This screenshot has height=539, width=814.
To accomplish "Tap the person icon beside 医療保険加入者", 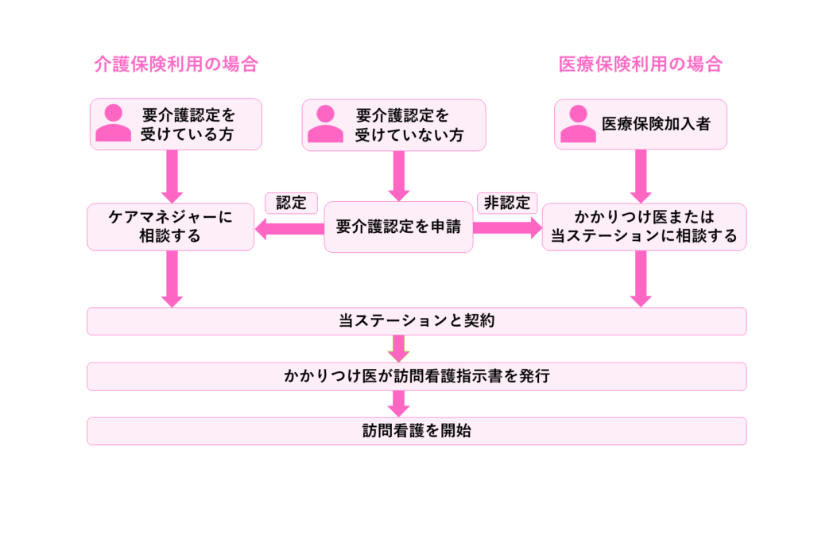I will (x=578, y=124).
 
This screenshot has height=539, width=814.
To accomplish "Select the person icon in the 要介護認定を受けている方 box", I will (x=114, y=124).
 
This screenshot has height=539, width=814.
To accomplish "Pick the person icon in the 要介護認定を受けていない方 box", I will (x=325, y=124).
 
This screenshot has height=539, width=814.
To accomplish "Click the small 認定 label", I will (x=291, y=203).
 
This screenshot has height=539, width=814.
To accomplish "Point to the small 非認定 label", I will (x=506, y=203).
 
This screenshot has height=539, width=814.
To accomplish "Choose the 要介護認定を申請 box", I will (x=398, y=227).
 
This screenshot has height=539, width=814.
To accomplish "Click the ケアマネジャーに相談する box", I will (x=171, y=227).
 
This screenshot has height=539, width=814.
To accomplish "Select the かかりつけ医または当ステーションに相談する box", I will (x=644, y=227).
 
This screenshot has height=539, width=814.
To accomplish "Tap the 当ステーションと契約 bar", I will (x=417, y=321).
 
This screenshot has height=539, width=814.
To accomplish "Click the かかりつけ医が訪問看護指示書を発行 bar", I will (x=417, y=376).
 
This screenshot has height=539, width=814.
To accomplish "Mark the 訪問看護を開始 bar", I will (x=417, y=431).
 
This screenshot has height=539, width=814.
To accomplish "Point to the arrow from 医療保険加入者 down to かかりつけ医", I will (x=641, y=176).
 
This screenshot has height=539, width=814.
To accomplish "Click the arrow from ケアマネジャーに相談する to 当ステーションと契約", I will (x=172, y=279).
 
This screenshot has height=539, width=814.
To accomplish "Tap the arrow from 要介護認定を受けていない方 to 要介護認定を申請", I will (x=398, y=176).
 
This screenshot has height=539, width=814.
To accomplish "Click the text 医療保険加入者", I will (x=655, y=124).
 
